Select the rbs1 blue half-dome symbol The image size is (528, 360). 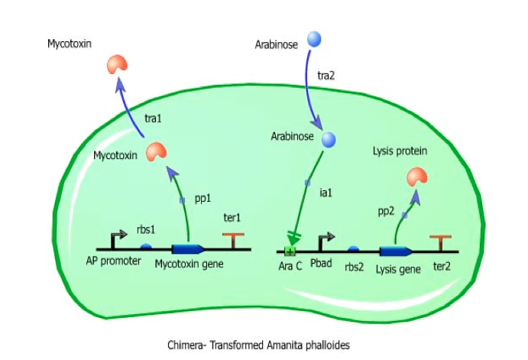click(146, 246)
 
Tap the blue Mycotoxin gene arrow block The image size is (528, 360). click(187, 248)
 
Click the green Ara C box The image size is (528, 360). click(290, 251)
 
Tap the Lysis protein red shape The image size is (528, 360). click(417, 177)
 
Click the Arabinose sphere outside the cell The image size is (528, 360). click(314, 38)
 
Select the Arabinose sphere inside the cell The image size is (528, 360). click(329, 139)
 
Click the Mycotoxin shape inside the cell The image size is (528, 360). click(156, 152)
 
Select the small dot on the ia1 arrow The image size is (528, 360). click(307, 183)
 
